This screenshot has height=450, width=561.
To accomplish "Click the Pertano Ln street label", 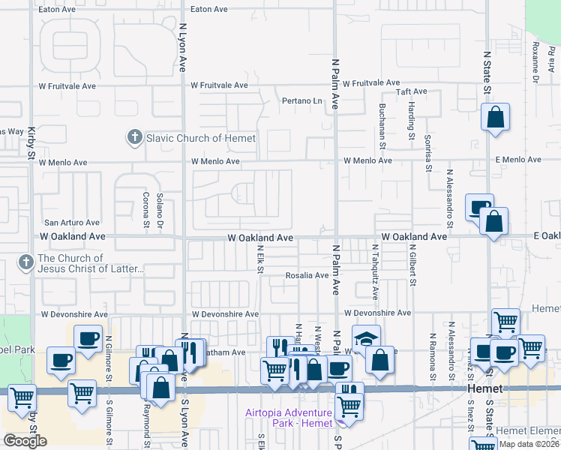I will click(x=301, y=100).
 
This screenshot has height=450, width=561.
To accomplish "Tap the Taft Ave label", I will click(x=411, y=91).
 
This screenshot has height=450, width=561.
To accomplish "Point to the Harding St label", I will click(x=412, y=121).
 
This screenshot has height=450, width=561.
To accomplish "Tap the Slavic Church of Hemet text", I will click(x=200, y=138).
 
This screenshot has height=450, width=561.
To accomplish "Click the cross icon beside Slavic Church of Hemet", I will click(x=134, y=137).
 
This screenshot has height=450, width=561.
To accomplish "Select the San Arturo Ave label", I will click(x=71, y=223).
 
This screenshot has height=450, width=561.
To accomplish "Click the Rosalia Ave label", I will click(x=307, y=275).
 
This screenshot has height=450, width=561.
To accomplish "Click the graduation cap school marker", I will click(x=366, y=338).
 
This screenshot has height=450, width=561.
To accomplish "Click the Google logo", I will click(x=25, y=441).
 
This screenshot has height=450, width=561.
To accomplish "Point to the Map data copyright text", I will click(x=528, y=444).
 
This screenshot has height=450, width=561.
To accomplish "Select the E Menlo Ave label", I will click(x=511, y=160).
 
